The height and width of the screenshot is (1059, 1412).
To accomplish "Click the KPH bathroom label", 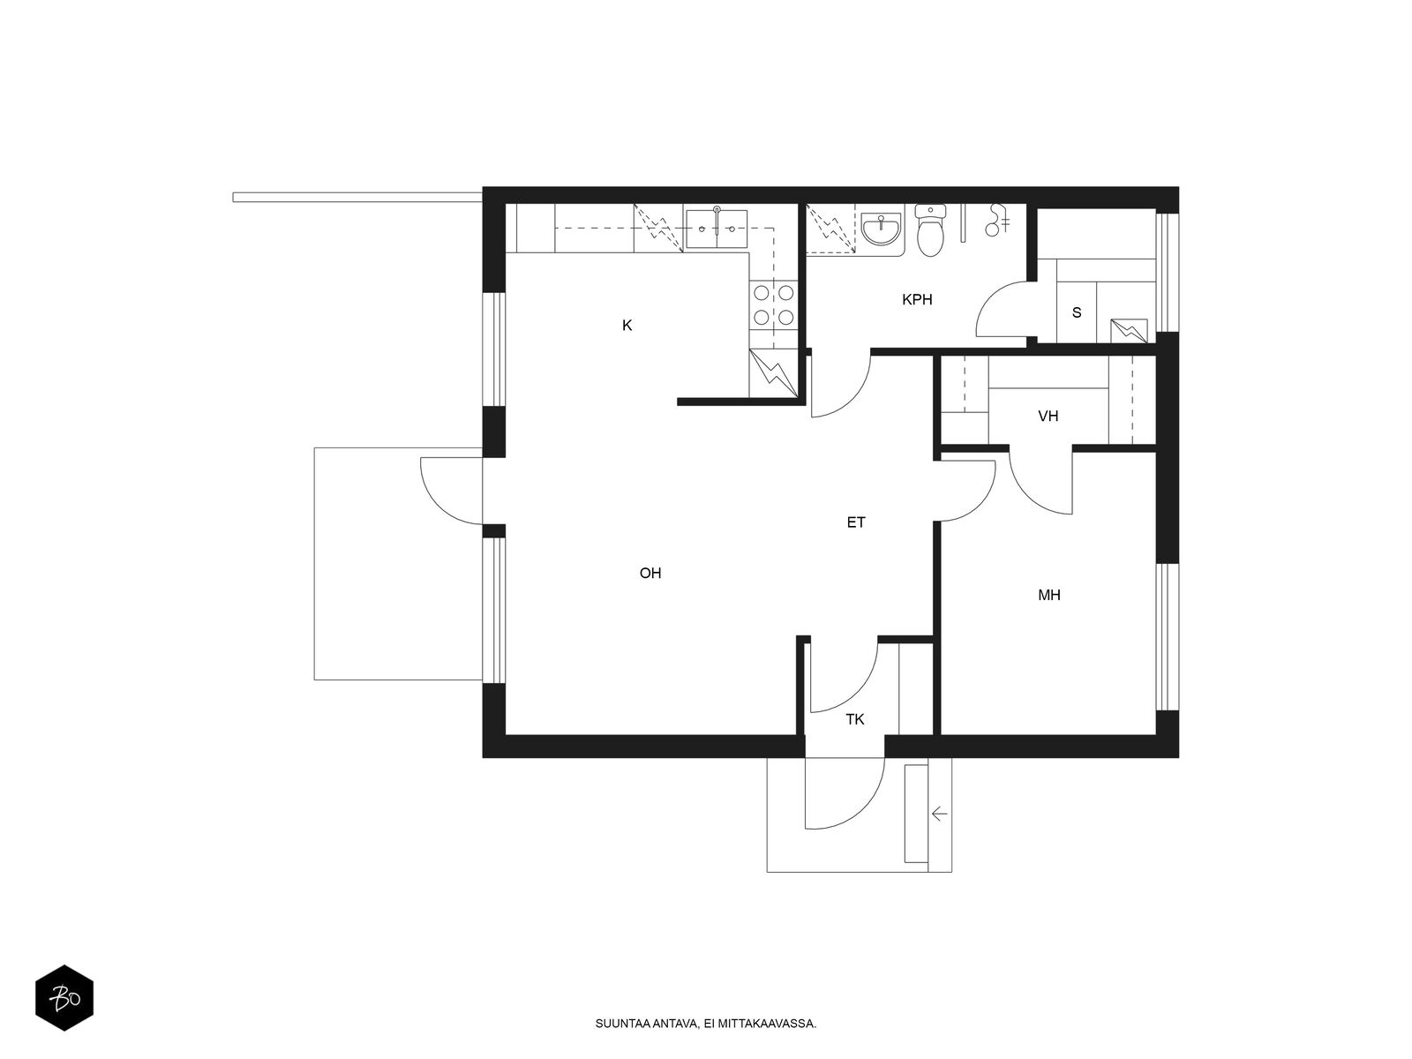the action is (917, 300).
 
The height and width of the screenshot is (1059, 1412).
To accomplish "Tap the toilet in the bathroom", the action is (930, 231).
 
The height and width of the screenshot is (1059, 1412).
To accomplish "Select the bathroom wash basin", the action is (881, 229).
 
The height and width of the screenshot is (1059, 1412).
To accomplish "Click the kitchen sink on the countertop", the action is (716, 229).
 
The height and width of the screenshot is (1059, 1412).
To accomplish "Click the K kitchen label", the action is (627, 326).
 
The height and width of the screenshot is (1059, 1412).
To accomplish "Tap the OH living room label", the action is (650, 573).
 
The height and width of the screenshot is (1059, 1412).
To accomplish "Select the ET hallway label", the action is (855, 522).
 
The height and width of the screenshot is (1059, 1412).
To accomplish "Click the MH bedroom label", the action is (1049, 596).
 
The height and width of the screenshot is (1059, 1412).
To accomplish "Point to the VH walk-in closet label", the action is (1048, 417).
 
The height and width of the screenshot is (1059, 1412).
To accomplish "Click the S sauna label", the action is (1077, 313).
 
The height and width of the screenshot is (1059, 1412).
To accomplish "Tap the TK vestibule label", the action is (855, 719).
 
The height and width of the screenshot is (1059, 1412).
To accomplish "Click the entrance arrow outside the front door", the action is (940, 814).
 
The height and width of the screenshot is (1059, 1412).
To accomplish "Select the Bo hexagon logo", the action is (64, 998).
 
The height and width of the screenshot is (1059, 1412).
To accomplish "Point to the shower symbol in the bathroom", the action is (998, 220).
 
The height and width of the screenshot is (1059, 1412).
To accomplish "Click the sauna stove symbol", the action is (1129, 330).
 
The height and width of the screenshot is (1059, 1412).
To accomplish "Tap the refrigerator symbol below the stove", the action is (774, 373).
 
